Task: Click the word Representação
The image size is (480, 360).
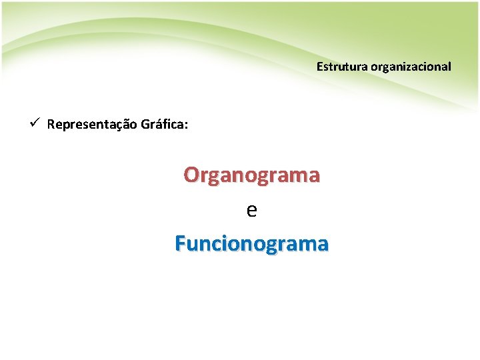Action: (92, 125)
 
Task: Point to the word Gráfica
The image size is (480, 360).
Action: (163, 125)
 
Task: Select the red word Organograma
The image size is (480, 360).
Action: (252, 175)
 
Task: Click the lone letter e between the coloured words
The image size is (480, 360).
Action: (251, 211)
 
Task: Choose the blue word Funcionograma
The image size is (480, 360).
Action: (251, 244)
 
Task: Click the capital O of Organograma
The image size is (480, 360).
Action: (191, 175)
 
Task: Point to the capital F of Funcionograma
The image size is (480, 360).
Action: (180, 244)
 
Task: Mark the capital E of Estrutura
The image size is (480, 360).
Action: (319, 67)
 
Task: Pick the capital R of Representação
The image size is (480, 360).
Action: (51, 125)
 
